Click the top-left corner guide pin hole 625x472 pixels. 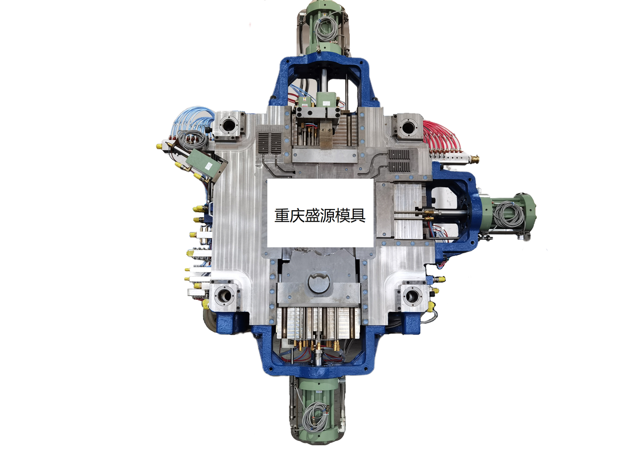click(229, 126)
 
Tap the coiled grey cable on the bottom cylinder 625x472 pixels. click(315, 416)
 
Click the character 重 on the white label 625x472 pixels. click(282, 215)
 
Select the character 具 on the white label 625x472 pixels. click(358, 215)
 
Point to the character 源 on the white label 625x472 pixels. click(328, 215)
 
